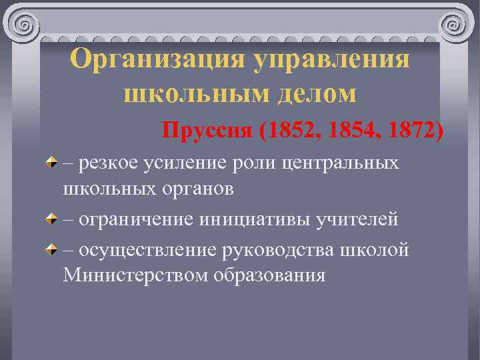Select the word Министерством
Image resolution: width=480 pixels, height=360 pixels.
[135, 275]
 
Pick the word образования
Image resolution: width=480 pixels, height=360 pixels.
[270, 275]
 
